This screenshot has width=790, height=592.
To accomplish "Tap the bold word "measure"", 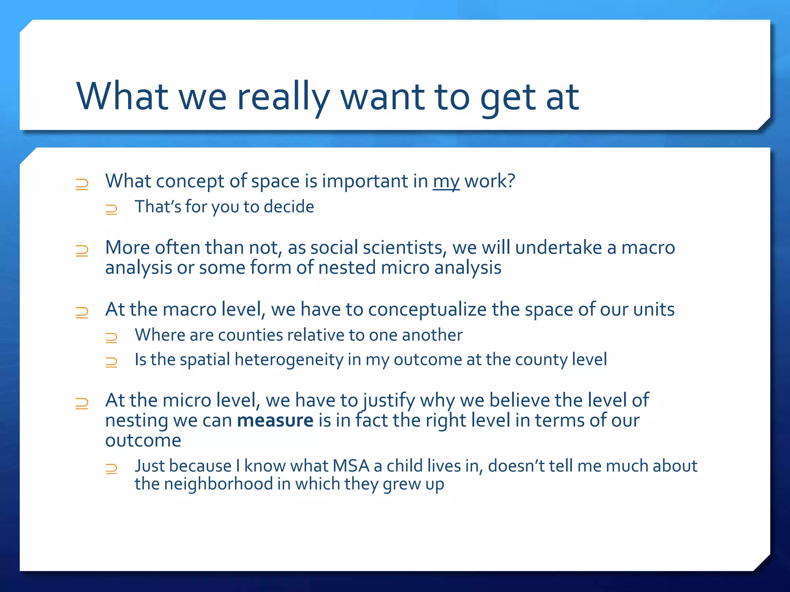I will pos(275,420).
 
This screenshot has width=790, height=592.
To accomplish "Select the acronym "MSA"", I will pos(351,466).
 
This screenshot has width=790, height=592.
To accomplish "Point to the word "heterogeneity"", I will pos(289,360).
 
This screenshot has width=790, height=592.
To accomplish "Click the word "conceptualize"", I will pos(427,310).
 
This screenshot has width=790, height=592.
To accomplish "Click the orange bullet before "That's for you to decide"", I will pos(111,209).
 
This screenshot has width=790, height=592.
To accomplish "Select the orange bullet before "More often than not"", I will pos(82,251).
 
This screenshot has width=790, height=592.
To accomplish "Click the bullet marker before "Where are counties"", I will pos(111,338).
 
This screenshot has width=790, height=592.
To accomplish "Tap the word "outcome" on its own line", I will pos(143,441).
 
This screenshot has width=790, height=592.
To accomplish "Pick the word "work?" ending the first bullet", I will pos(490,181).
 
